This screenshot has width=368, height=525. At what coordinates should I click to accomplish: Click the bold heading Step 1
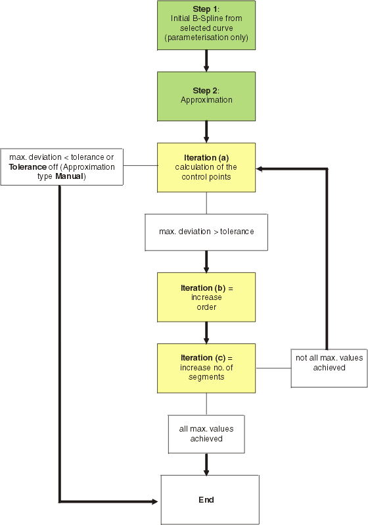point(205,9)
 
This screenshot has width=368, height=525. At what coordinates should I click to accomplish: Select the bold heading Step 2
point(205,90)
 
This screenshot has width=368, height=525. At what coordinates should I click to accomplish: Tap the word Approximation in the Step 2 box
point(206,100)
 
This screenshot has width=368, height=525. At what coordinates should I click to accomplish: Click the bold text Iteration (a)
point(206,158)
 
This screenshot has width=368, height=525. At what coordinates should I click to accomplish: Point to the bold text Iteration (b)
point(203,288)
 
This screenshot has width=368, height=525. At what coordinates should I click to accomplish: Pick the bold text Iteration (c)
point(203,358)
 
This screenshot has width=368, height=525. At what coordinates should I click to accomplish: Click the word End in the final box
point(206,500)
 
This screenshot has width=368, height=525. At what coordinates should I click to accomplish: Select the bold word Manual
point(69,176)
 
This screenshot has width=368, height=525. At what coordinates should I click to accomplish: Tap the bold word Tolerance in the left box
point(28,166)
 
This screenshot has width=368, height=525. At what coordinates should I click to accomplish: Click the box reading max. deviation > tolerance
point(206,232)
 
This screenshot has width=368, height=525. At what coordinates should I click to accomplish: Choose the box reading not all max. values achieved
point(329,368)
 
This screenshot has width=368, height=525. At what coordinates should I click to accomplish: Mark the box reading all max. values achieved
point(206,434)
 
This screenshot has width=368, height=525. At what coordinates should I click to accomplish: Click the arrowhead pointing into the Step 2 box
point(206,68)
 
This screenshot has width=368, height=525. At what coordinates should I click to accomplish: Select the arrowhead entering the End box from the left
point(154,501)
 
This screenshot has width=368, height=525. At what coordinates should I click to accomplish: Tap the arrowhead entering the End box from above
point(206,472)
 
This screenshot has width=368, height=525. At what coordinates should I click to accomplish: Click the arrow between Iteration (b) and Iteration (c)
point(206,333)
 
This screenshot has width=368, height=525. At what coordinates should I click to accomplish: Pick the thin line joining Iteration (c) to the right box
point(273,368)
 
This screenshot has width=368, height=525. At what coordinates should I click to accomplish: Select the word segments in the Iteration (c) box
point(206,378)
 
